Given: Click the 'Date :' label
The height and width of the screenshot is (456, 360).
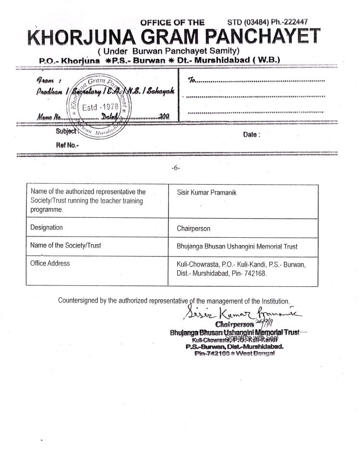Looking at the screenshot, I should [x=252, y=135].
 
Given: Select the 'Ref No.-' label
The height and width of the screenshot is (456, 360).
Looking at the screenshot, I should [x=67, y=145].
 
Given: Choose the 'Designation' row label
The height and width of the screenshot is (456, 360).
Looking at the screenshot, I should [x=46, y=227].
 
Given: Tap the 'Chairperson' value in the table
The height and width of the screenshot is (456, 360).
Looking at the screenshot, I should [x=193, y=229].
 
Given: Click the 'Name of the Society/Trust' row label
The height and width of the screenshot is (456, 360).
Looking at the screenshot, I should [x=65, y=246].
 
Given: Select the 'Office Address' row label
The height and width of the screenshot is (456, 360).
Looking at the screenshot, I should [x=49, y=263].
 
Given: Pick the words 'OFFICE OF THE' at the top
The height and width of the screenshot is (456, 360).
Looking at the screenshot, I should [x=172, y=22].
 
